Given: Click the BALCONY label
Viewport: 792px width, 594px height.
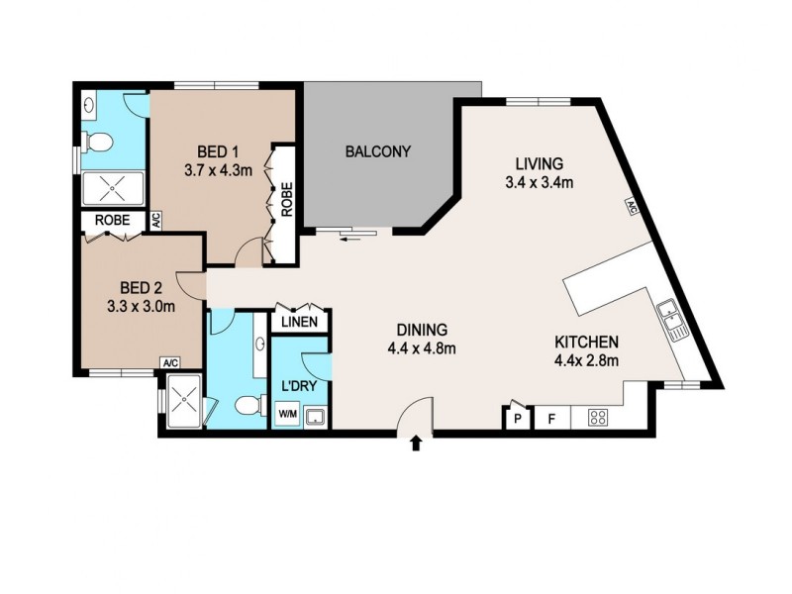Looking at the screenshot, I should [377, 152].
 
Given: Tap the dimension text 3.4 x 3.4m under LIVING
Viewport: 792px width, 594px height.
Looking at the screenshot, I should [539, 182].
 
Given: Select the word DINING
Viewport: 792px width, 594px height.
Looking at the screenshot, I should [423, 330].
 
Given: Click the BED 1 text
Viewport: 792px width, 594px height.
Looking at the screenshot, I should [219, 151].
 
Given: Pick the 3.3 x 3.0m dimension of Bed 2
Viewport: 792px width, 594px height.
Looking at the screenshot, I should [143, 306].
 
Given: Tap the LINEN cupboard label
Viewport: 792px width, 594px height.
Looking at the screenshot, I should [298, 322].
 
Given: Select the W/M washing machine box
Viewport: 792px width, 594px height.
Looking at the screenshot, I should [287, 415].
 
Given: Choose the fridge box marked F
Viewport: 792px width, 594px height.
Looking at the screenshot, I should [551, 419].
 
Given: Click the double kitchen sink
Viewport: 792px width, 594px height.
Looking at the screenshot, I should [673, 319].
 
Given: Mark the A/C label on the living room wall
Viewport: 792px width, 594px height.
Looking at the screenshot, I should [630, 206].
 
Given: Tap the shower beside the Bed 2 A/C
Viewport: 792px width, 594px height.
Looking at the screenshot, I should [184, 401].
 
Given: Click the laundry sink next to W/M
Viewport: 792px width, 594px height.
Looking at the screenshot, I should [317, 417].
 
